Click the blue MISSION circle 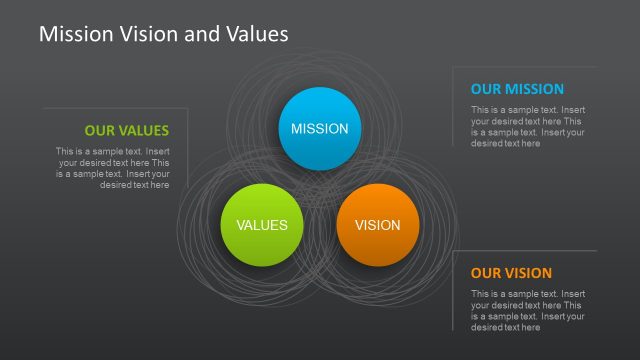pos(319,128)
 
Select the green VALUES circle pos(262,225)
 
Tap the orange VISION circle pos(377,225)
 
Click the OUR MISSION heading pos(517,89)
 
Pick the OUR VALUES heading pos(127,130)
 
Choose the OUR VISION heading pos(511,273)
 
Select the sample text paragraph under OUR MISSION pos(528,127)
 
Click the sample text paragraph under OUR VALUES pos(113,168)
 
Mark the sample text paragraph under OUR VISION pos(528,310)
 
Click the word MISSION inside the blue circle pos(319,129)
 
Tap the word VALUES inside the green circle pos(262,225)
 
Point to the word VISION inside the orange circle pos(377,225)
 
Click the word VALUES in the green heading pos(142,130)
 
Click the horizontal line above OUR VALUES pos(115,108)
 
